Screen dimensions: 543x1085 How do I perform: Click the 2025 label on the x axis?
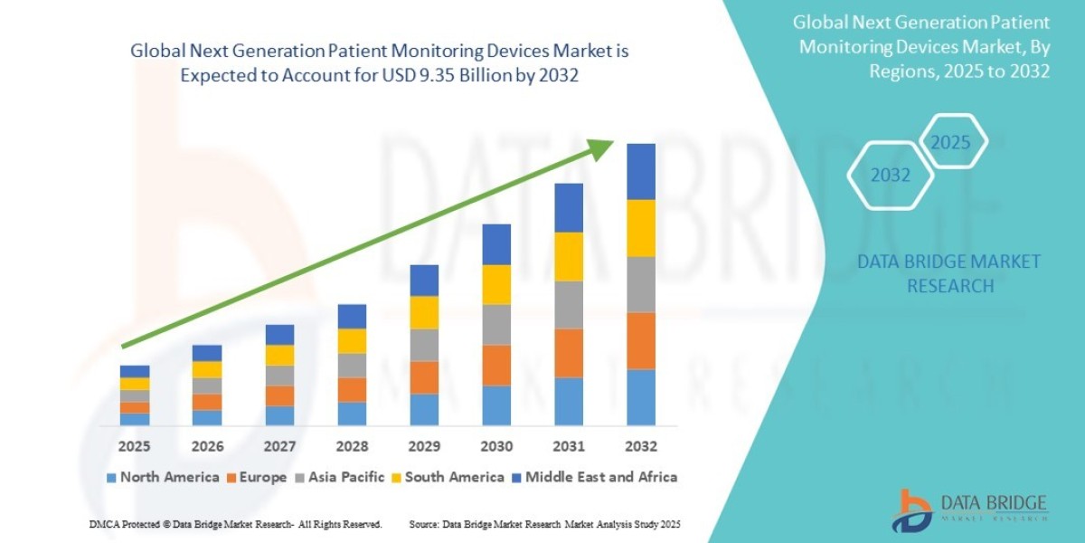[135, 446]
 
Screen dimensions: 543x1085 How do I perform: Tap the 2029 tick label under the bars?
[424, 446]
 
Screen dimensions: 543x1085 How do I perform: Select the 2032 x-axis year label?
[641, 446]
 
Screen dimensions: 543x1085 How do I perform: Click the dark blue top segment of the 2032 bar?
[641, 171]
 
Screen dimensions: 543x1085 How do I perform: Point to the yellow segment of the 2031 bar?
[569, 256]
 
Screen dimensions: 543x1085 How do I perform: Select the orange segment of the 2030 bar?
[496, 365]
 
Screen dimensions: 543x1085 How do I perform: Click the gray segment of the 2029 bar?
[424, 345]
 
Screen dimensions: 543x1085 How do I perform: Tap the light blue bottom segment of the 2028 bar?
[352, 414]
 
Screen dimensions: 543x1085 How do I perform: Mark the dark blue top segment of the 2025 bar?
[135, 371]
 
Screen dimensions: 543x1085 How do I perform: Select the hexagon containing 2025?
[950, 143]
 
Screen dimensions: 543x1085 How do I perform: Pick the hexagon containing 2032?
[891, 176]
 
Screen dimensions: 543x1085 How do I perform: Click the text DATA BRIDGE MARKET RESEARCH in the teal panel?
[948, 273]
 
